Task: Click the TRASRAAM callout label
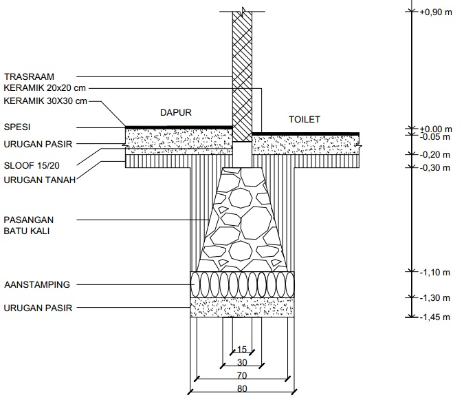click(x=29, y=76)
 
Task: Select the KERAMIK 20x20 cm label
click(x=45, y=88)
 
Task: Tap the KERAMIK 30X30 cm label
click(x=45, y=101)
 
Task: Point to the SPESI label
click(x=17, y=127)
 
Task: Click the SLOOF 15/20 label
click(x=32, y=165)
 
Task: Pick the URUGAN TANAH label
click(x=40, y=180)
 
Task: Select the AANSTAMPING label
click(x=37, y=285)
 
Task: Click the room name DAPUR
click(x=176, y=113)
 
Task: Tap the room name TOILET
click(x=305, y=119)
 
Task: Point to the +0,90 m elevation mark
click(x=436, y=12)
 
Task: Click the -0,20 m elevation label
click(x=435, y=155)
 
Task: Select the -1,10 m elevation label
click(x=435, y=273)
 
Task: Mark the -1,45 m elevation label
click(x=435, y=317)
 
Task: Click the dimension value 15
click(x=242, y=350)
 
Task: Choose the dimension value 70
click(x=242, y=376)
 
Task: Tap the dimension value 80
click(x=242, y=389)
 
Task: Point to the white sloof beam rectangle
click(x=242, y=154)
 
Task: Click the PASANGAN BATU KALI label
click(x=29, y=226)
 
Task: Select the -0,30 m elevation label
click(x=435, y=168)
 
